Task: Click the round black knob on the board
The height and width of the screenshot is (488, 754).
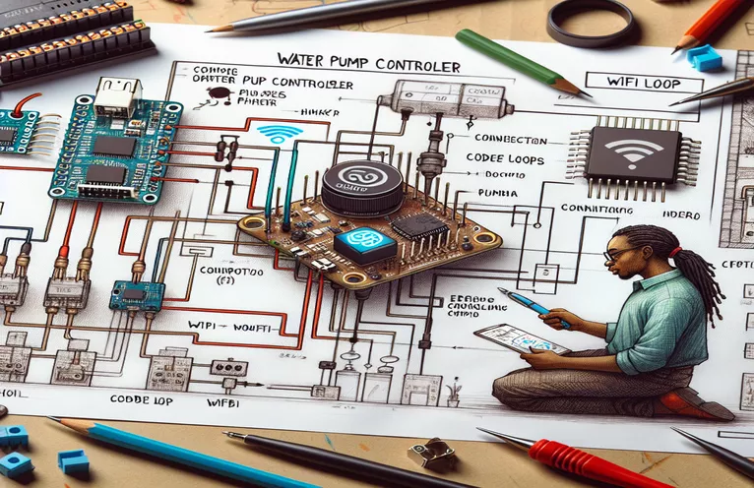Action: pos(361,186)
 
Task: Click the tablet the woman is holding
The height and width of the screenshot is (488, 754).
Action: pos(522,338)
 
